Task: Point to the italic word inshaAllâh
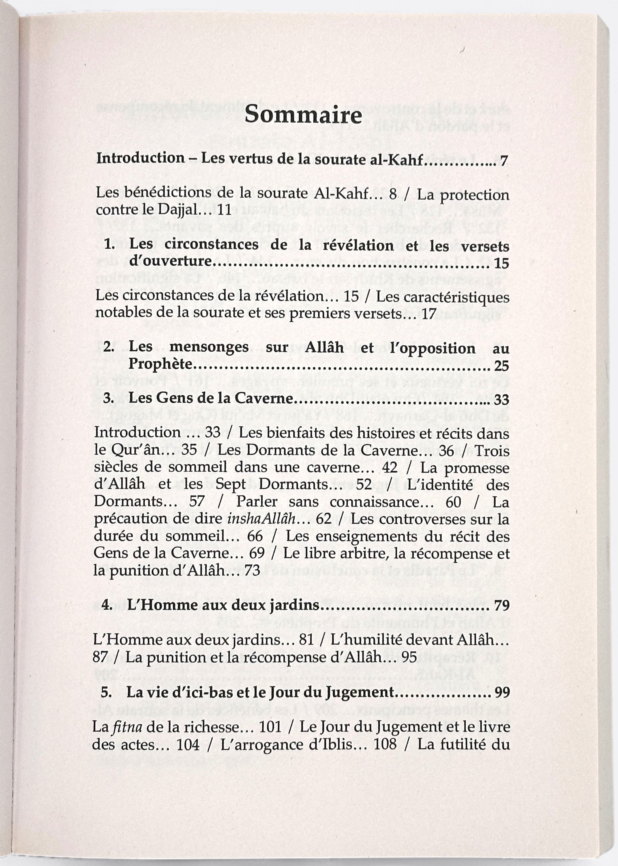click(x=261, y=519)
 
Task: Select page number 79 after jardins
click(x=502, y=605)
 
